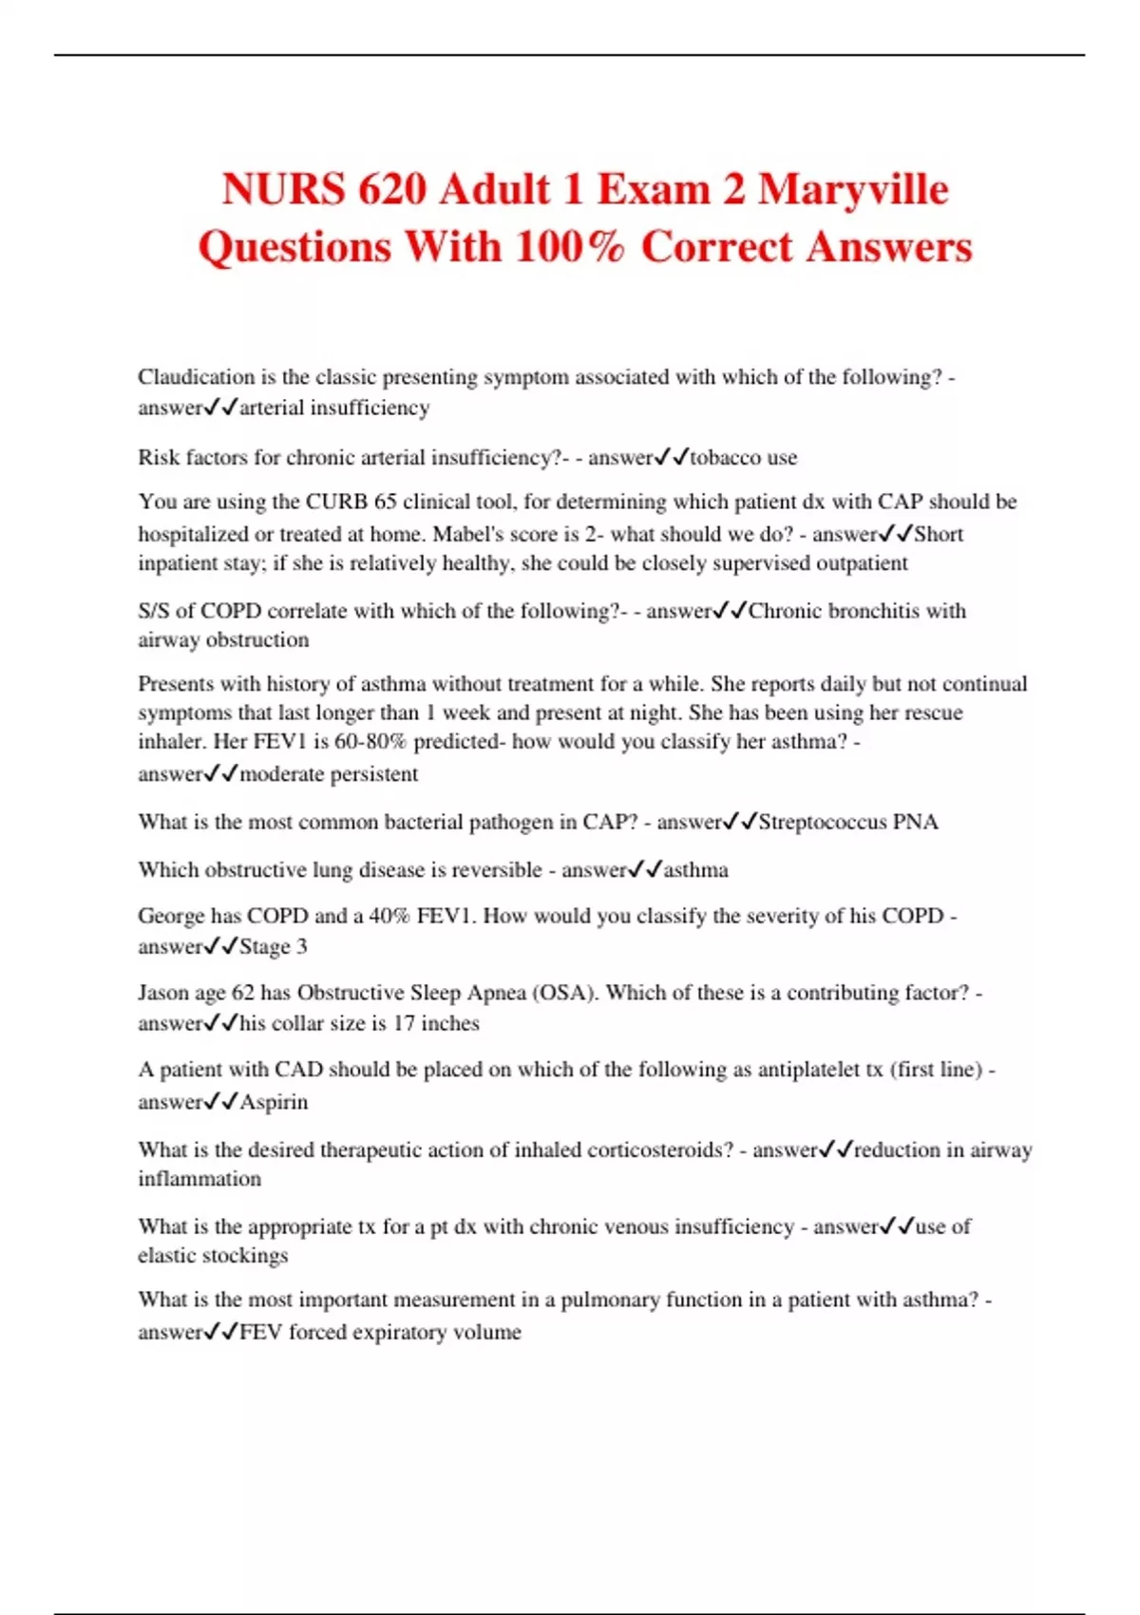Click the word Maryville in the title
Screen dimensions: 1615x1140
[x=852, y=189]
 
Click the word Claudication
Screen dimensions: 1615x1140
[x=196, y=377]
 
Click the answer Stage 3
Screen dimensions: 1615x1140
[x=274, y=947]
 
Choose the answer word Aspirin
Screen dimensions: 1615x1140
[x=274, y=1102]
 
